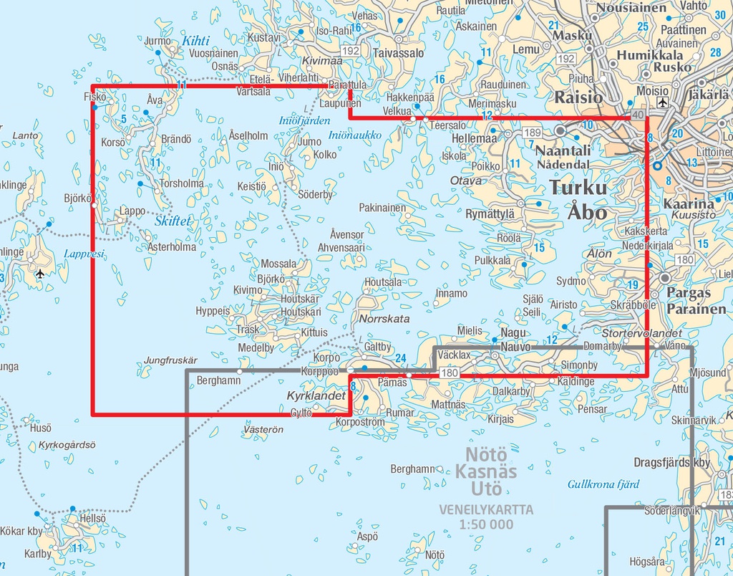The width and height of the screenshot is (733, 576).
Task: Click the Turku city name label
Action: (x=578, y=188)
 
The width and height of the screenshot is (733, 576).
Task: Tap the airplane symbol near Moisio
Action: (x=661, y=103)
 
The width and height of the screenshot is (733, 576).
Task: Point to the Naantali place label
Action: (x=563, y=150)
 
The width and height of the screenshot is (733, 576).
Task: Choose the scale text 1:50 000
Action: (x=487, y=524)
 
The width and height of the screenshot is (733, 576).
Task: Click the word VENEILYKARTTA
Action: (x=487, y=510)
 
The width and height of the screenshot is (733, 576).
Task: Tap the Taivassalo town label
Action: (x=399, y=53)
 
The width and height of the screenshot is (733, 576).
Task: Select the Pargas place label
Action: (x=689, y=292)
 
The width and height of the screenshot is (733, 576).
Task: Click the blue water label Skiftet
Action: (x=173, y=221)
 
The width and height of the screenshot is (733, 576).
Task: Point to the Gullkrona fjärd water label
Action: (x=603, y=484)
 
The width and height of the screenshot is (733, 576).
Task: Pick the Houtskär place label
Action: (x=300, y=298)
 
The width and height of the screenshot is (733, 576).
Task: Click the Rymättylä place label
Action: (x=490, y=213)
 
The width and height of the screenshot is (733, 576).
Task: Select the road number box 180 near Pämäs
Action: (x=450, y=373)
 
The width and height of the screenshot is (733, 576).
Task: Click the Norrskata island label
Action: (x=384, y=318)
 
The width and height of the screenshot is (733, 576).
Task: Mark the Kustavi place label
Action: (x=263, y=37)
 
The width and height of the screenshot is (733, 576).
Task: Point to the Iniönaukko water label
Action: (x=354, y=134)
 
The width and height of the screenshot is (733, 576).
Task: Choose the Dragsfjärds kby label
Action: (x=671, y=462)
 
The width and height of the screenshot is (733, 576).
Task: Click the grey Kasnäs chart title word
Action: (x=487, y=472)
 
